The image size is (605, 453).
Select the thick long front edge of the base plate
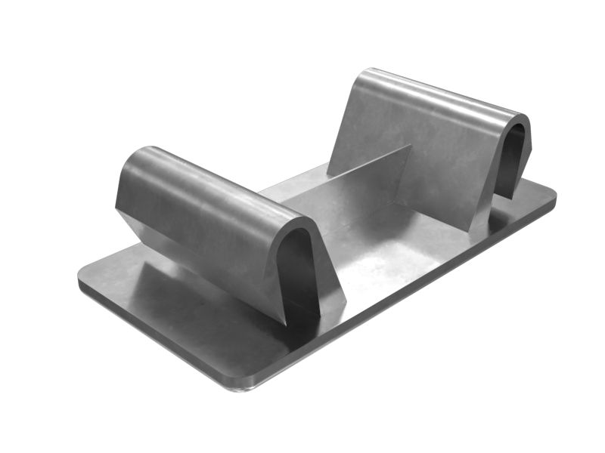(x=151, y=332)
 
